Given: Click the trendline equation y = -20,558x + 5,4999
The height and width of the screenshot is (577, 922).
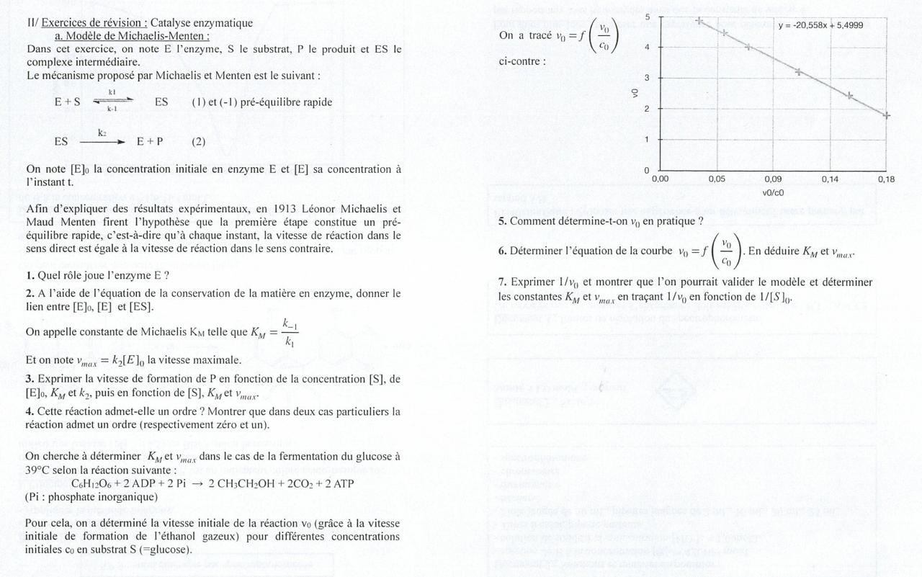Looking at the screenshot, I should (820, 25).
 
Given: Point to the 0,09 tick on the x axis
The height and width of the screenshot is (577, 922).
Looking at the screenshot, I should (773, 179).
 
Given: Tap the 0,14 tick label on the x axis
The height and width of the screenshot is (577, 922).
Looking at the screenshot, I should (830, 179).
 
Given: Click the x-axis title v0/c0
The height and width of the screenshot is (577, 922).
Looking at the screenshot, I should (773, 192).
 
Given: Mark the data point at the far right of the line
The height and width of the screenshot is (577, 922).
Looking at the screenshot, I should (886, 115).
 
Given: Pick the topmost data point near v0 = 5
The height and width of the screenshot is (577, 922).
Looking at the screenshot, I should (699, 21).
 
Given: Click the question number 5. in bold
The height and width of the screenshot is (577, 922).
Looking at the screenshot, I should (502, 221).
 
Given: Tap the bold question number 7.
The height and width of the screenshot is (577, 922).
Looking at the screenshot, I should (502, 282).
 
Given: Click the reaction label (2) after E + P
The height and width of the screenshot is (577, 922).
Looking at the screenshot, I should (198, 141).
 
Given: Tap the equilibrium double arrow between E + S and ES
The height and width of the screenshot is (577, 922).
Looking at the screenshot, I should (112, 102).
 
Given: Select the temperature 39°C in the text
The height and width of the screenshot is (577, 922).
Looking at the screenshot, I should (39, 470).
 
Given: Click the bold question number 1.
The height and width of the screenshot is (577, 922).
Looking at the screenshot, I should (30, 274).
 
